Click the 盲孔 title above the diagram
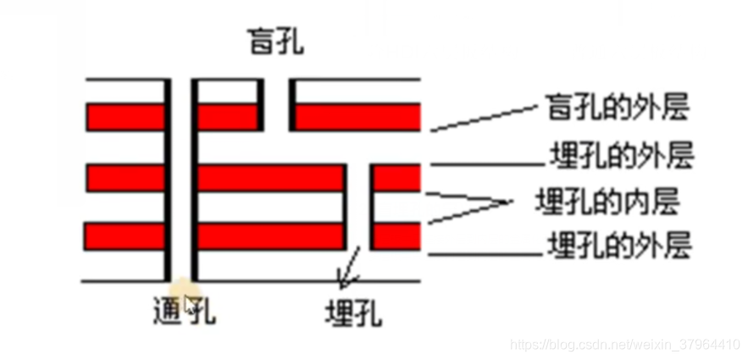tap(274, 42)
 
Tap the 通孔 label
tap(179, 313)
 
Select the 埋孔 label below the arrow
tap(353, 313)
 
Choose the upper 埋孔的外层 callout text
tap(622, 157)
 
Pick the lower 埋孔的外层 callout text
tap(622, 246)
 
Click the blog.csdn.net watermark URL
tap(628, 345)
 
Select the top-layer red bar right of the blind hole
tap(357, 116)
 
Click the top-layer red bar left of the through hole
tap(125, 116)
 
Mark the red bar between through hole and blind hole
tap(227, 116)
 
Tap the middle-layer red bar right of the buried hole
tap(396, 178)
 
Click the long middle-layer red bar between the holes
tap(270, 178)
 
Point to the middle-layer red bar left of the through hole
tap(125, 178)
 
